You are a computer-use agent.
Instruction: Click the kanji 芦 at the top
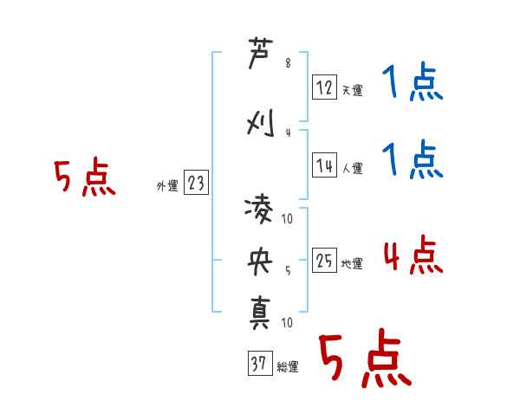(260, 56)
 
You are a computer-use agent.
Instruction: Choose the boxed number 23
(196, 182)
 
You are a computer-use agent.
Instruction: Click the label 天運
(352, 90)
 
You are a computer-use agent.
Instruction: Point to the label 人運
(352, 168)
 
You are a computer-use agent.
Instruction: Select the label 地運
(352, 263)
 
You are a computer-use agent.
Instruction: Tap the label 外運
(167, 185)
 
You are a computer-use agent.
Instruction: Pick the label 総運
(287, 367)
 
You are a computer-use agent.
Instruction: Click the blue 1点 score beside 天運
(413, 84)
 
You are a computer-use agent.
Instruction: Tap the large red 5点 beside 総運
(364, 359)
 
